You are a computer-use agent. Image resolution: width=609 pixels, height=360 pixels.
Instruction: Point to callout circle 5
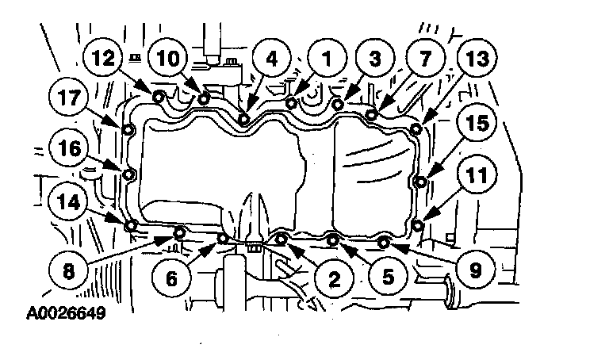click(388, 277)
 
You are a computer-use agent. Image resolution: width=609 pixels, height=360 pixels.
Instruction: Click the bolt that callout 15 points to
click(420, 182)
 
